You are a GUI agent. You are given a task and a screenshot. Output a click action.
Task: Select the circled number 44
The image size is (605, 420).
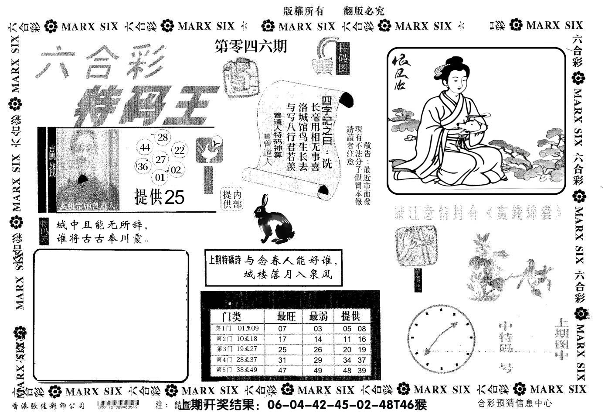(145, 148)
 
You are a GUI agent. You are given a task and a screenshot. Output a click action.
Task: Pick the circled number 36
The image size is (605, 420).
(143, 166)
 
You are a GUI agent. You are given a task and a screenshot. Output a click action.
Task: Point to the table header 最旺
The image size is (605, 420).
(286, 316)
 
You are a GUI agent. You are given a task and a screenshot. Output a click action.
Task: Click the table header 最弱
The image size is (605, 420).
(318, 316)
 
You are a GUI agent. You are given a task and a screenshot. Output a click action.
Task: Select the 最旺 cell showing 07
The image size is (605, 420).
(282, 329)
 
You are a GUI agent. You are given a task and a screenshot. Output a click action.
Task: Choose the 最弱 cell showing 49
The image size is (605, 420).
(318, 371)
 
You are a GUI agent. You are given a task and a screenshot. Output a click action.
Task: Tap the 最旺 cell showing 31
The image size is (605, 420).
(282, 360)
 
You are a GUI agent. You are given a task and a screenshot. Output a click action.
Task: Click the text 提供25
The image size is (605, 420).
(159, 198)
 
